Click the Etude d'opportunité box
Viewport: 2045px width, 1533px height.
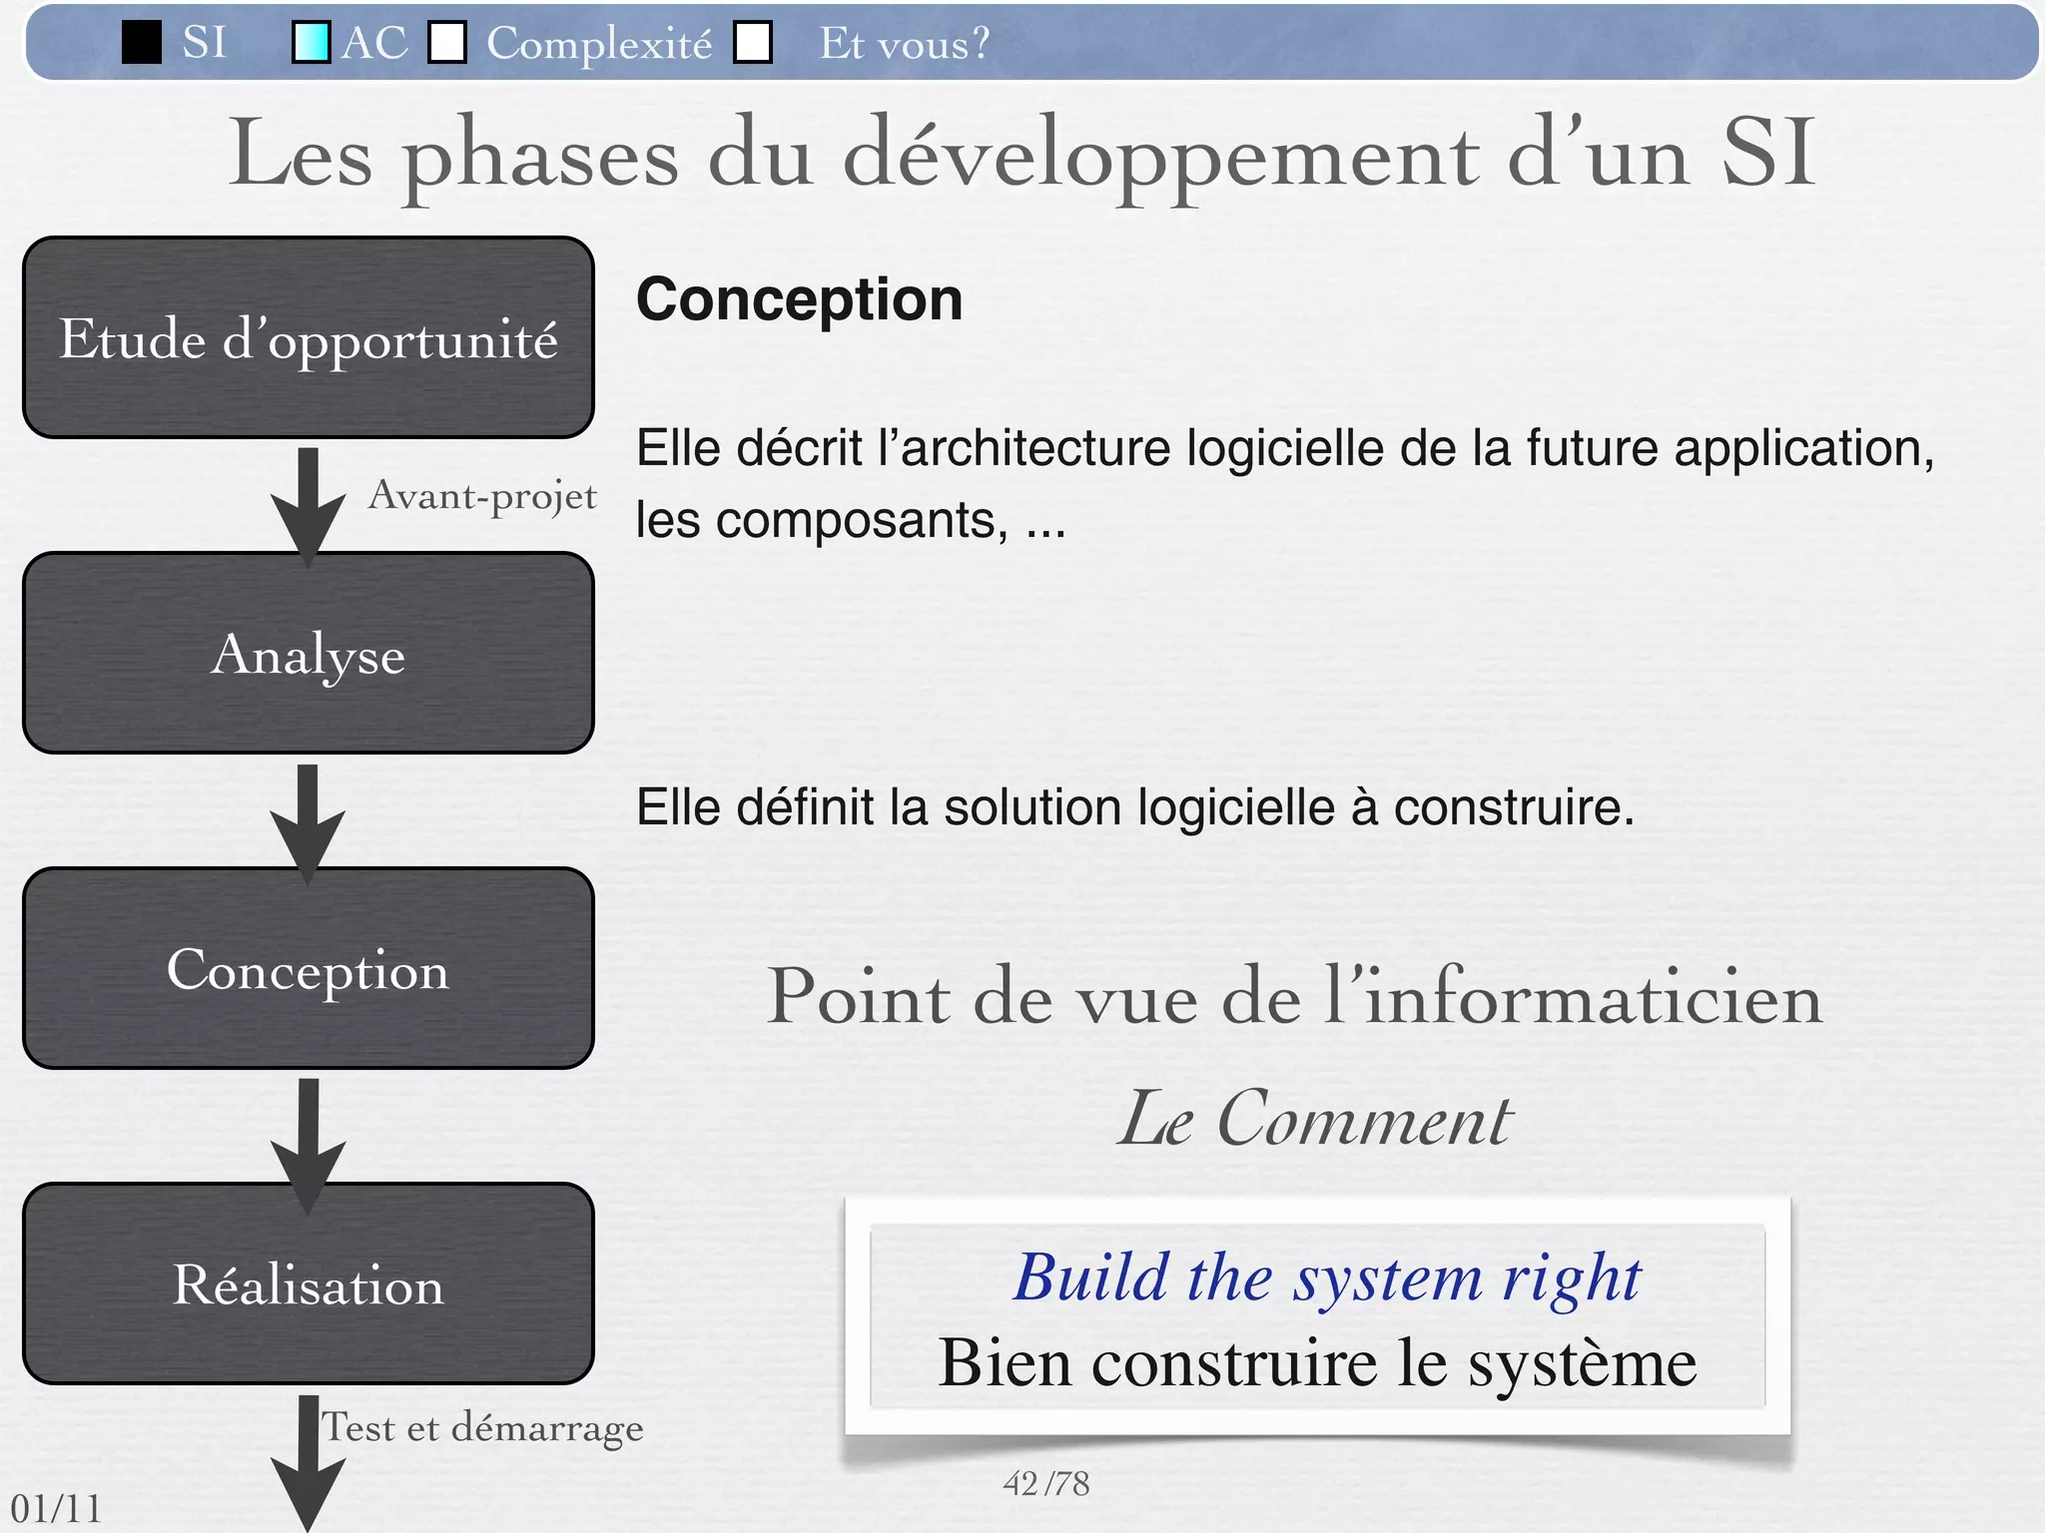tap(309, 337)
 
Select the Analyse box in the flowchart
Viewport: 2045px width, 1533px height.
tap(309, 653)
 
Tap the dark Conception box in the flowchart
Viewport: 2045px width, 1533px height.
tap(309, 968)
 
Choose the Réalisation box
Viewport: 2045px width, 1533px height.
tap(309, 1283)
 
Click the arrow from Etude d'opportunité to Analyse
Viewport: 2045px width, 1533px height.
tap(309, 504)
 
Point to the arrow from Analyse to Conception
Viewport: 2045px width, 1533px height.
tap(309, 820)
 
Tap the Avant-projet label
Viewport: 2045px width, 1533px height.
tap(482, 496)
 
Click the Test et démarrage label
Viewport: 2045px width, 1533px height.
tap(482, 1427)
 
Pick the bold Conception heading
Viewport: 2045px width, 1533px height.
tap(799, 299)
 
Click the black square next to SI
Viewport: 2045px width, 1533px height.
tap(142, 43)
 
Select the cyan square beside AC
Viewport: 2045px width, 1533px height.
tap(311, 43)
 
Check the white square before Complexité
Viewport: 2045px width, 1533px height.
tap(447, 43)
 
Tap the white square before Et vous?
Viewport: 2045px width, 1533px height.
tap(753, 43)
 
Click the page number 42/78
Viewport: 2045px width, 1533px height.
tap(1045, 1484)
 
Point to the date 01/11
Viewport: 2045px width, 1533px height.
tap(56, 1508)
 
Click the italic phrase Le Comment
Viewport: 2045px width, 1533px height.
tap(1314, 1119)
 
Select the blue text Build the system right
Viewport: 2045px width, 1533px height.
tap(1327, 1277)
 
